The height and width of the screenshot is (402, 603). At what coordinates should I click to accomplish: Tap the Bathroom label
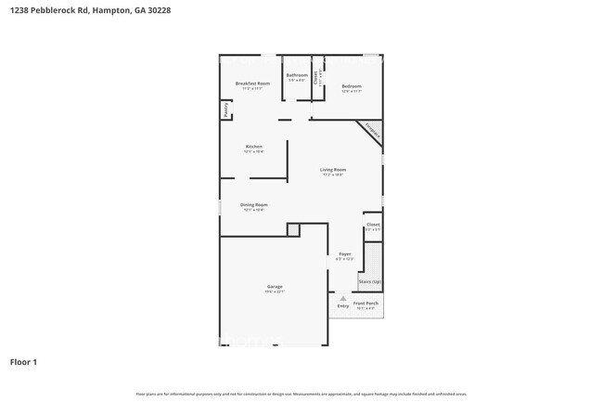[x=297, y=75]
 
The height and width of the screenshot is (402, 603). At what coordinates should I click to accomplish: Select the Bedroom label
[x=352, y=86]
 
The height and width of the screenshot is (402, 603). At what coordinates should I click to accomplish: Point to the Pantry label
[x=225, y=110]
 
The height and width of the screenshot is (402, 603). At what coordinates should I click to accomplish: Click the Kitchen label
[x=253, y=147]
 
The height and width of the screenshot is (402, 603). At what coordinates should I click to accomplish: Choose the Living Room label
[x=333, y=170]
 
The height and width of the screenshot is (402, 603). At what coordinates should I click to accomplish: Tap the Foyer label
[x=344, y=253]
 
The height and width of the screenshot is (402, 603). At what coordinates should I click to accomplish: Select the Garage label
[x=275, y=287]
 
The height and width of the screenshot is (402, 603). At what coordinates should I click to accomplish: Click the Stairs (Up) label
[x=370, y=281]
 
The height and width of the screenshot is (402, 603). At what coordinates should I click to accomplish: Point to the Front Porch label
[x=366, y=304]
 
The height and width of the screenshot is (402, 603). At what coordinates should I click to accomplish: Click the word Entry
[x=343, y=305]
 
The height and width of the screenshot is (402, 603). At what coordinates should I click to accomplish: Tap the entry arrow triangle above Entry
[x=343, y=297]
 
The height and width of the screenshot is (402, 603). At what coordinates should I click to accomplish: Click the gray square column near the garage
[x=293, y=229]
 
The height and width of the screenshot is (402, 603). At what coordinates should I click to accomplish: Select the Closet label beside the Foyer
[x=373, y=225]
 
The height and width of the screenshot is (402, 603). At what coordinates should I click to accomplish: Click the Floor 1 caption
[x=23, y=362]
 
